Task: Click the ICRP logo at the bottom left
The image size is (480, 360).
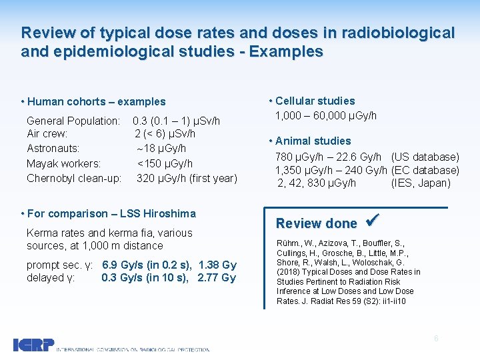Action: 33,345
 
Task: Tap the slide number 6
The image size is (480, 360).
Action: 436,338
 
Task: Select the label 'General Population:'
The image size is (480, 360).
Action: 73,121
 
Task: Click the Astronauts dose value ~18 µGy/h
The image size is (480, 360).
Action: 161,149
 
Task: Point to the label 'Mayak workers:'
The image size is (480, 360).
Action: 63,163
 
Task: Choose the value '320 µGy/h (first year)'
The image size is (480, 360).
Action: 187,178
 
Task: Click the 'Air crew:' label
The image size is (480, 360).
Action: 47,134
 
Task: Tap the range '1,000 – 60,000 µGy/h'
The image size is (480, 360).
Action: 326,115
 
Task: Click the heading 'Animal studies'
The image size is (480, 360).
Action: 313,141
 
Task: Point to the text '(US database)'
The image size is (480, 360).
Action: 425,157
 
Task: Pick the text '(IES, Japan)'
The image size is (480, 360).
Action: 421,183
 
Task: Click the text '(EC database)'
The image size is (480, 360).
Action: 425,170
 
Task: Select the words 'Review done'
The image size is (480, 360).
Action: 316,223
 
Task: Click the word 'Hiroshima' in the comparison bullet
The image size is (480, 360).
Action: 172,213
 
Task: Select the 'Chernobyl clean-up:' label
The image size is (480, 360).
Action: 73,178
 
